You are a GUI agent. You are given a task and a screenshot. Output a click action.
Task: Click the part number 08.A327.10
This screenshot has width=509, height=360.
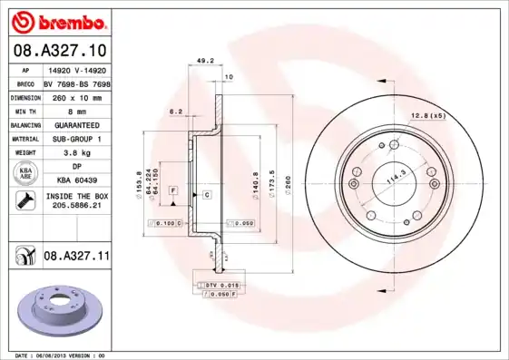[x=58, y=49]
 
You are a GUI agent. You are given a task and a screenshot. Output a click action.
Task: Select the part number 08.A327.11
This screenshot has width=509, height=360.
[x=76, y=257]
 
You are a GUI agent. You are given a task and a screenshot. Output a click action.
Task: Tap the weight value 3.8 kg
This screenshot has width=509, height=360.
[x=75, y=153]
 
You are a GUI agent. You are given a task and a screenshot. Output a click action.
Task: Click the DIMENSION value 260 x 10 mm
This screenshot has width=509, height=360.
[x=76, y=95]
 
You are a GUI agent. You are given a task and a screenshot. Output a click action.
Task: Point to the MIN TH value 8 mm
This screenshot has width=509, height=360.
[x=75, y=110]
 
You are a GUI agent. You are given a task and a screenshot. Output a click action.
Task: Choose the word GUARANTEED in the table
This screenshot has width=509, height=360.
[x=75, y=124]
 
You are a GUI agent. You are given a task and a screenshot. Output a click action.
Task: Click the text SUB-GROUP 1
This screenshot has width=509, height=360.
[x=75, y=139]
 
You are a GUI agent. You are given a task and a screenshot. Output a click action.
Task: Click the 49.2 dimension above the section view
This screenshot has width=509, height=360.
[x=205, y=63]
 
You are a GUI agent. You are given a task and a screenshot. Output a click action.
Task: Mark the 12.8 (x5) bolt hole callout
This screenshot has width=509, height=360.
[x=428, y=116]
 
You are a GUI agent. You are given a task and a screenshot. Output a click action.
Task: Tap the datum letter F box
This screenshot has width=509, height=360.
[x=171, y=188]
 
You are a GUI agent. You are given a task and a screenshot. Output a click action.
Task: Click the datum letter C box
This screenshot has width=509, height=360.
[x=207, y=195]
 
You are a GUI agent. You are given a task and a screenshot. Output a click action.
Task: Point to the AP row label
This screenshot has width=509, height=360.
[x=25, y=69]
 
